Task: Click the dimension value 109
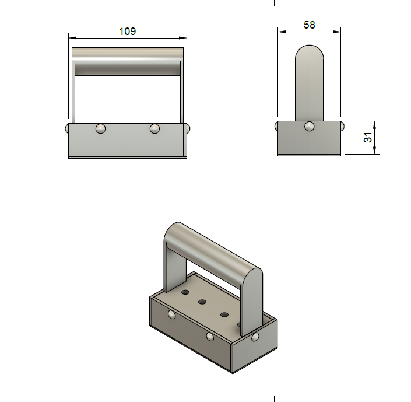128,32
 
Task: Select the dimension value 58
309,25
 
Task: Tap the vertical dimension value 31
368,138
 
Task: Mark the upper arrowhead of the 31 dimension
375,124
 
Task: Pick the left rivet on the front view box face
101,128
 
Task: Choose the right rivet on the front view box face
154,128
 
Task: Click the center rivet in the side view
309,126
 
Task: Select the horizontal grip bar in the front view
128,62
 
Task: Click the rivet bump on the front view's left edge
68,128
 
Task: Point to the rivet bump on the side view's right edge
342,126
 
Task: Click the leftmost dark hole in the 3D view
185,291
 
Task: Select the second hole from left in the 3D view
203,302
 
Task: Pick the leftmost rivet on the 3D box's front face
171,316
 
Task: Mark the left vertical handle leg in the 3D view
171,268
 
